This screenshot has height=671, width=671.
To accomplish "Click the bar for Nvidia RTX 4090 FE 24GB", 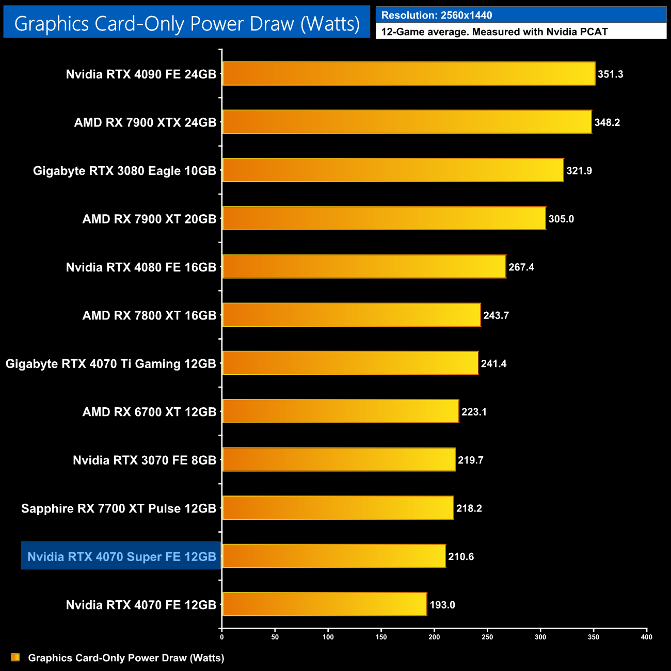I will pyautogui.click(x=408, y=74).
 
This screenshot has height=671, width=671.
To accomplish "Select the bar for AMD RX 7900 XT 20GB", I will pyautogui.click(x=384, y=218).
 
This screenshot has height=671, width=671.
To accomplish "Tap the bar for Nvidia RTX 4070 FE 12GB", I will pyautogui.click(x=324, y=604).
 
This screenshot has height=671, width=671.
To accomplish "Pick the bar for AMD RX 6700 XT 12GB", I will pyautogui.click(x=340, y=411).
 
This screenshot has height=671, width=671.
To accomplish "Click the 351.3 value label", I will pyautogui.click(x=611, y=74).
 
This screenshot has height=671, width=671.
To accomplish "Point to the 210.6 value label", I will pyautogui.click(x=461, y=557).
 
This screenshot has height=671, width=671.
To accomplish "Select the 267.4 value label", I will pyautogui.click(x=521, y=267).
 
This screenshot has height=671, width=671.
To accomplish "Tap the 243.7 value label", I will pyautogui.click(x=496, y=315).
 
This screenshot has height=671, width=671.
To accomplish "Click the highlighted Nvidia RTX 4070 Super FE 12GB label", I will pyautogui.click(x=121, y=556).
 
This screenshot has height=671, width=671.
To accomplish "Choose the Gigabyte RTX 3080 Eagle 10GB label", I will pyautogui.click(x=124, y=171).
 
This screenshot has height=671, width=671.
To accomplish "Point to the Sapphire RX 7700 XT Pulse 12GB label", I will pyautogui.click(x=119, y=508).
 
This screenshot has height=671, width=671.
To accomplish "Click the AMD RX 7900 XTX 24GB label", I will pyautogui.click(x=145, y=123).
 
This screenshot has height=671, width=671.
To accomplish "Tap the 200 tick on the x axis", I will pyautogui.click(x=435, y=637).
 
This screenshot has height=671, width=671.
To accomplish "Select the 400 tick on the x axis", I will pyautogui.click(x=646, y=637).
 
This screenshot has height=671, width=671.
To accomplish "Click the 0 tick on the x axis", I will pyautogui.click(x=222, y=637).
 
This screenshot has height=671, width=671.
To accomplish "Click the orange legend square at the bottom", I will pyautogui.click(x=15, y=658).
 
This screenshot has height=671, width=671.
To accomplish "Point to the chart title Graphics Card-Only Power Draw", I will pyautogui.click(x=187, y=23).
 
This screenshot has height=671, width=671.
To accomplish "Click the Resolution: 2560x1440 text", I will pyautogui.click(x=437, y=15).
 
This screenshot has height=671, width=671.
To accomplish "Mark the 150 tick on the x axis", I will pyautogui.click(x=381, y=637).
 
